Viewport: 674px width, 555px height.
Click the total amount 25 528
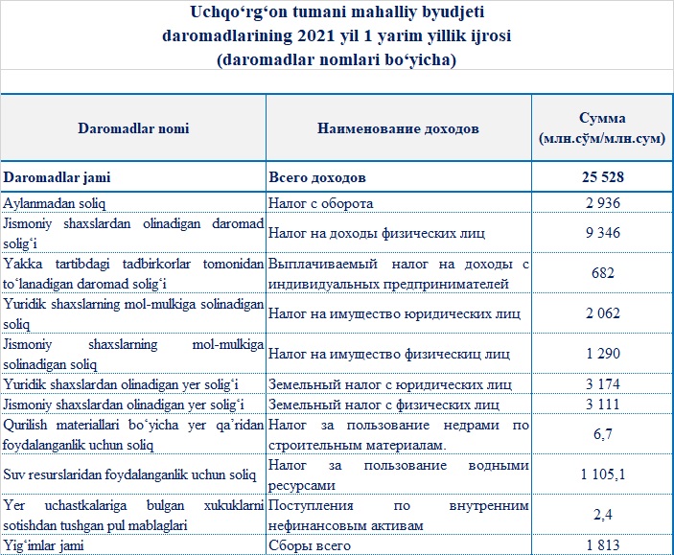click(x=602, y=178)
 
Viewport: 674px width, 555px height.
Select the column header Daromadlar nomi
click(x=132, y=128)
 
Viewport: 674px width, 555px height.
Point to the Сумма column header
click(x=602, y=128)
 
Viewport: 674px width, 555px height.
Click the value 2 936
click(x=602, y=203)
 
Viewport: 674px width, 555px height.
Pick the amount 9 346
click(x=602, y=232)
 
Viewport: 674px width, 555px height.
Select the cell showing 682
click(x=602, y=272)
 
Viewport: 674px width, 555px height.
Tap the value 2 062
click(x=602, y=312)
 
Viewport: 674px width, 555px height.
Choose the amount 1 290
click(x=602, y=354)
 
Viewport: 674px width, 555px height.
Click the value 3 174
click(x=602, y=384)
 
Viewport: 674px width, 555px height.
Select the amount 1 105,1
click(x=602, y=474)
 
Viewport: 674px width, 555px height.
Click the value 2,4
click(x=602, y=515)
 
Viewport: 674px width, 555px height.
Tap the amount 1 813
click(x=602, y=545)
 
